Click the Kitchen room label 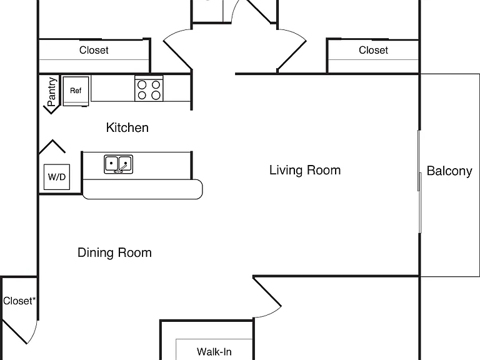[127, 127]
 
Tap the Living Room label [305, 170]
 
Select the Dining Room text [114, 252]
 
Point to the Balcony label [449, 171]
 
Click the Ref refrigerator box [76, 91]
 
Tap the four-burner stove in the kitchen [149, 89]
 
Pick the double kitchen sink [119, 164]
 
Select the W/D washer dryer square [57, 177]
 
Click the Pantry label [52, 92]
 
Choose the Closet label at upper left [94, 50]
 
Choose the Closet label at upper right [373, 50]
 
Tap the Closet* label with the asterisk [19, 301]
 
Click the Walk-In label [214, 352]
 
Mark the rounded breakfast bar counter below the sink [142, 189]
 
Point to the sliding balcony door [419, 181]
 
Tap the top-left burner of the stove [142, 84]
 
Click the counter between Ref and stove [112, 89]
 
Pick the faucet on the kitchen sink [121, 168]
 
